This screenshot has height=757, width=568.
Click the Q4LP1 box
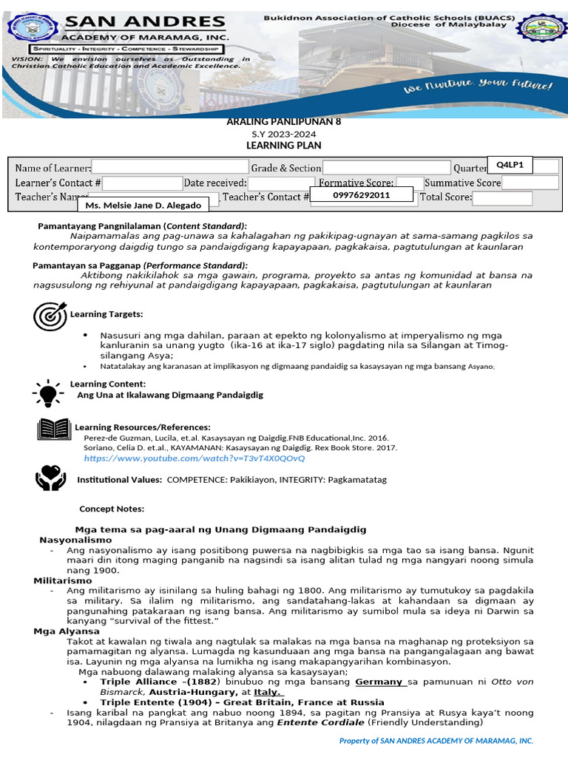[x=510, y=165]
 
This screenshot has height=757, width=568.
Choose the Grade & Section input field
[x=386, y=168]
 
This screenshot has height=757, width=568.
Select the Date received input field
[x=281, y=183]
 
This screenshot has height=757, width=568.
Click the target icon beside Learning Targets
[x=50, y=316]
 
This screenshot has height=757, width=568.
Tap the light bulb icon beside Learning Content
[x=49, y=392]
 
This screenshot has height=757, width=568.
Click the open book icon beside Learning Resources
[x=53, y=430]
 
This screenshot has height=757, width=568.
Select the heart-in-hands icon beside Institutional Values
[x=50, y=478]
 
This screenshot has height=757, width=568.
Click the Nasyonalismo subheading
[x=70, y=540]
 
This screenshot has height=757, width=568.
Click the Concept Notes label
[x=112, y=509]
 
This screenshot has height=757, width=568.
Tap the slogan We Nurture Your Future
[x=477, y=87]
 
